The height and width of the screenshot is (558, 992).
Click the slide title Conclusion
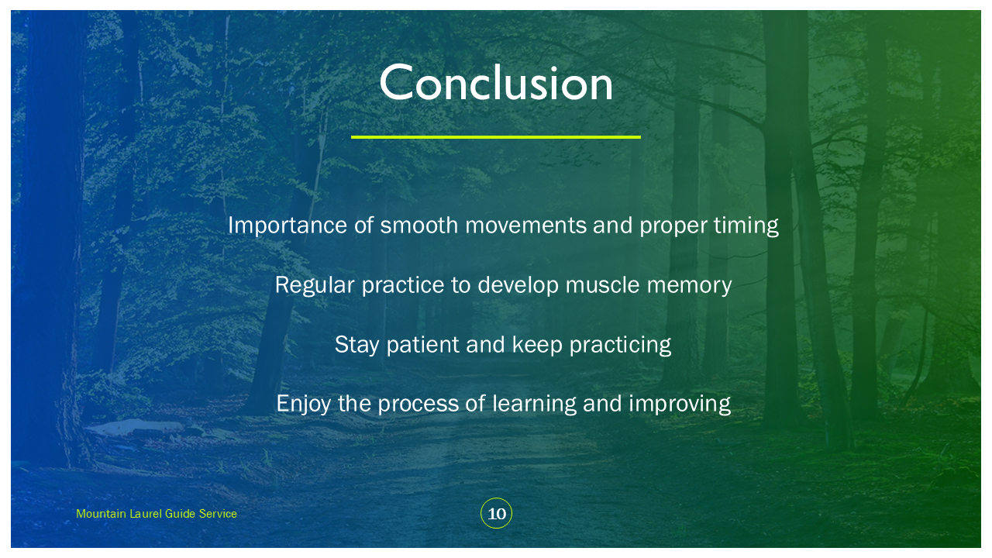496,82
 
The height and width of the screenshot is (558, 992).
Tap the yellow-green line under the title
496,137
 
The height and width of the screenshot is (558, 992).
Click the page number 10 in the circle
497,514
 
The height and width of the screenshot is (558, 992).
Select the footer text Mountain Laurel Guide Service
157,514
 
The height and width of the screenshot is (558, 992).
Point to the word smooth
419,225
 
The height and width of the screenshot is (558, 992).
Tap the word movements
525,226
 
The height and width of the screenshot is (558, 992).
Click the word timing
746,226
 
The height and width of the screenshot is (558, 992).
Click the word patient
423,346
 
